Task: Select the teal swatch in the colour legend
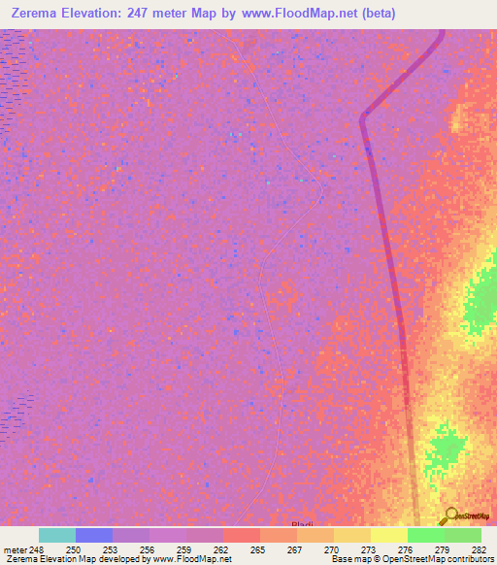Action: [x=57, y=535]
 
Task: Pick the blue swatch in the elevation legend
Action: [x=94, y=535]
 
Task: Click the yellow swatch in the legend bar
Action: [x=389, y=535]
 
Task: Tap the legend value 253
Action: [x=113, y=549]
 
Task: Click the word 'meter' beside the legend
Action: [x=17, y=549]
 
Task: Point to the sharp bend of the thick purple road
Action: [x=364, y=118]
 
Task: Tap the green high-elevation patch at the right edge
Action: [x=481, y=301]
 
